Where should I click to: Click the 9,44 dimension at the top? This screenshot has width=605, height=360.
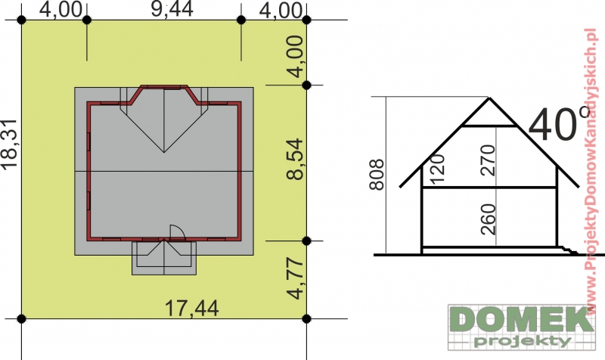172,9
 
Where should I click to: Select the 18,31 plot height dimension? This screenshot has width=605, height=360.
9,144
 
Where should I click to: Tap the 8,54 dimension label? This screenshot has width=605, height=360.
295,159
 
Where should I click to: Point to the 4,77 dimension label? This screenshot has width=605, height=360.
295,278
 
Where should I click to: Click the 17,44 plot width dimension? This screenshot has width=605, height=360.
192,309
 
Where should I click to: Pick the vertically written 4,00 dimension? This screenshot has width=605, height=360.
295,56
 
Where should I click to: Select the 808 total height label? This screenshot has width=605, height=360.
377,175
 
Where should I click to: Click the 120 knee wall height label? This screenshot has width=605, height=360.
437,169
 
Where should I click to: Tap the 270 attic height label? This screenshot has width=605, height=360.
487,160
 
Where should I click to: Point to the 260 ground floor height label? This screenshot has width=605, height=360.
487,219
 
